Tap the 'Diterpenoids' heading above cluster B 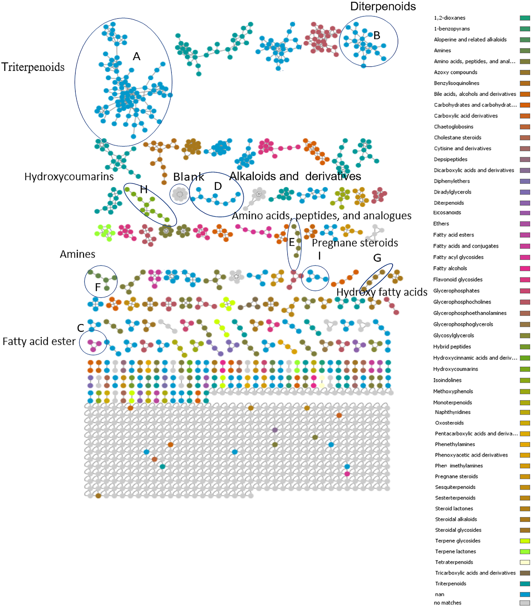click(x=383, y=7)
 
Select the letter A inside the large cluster click(x=136, y=56)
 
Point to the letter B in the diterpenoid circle click(x=377, y=36)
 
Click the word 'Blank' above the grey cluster click(x=188, y=177)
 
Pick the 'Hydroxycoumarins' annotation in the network click(x=69, y=177)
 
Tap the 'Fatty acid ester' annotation click(x=39, y=341)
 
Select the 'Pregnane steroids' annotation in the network click(x=355, y=243)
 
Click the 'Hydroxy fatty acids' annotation click(x=382, y=292)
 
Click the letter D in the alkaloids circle click(x=218, y=186)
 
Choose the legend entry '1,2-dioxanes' click(x=450, y=18)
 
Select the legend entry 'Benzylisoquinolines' click(x=456, y=83)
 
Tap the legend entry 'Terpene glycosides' click(x=457, y=541)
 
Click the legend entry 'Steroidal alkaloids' click(x=456, y=519)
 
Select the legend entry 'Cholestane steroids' click(x=457, y=137)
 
